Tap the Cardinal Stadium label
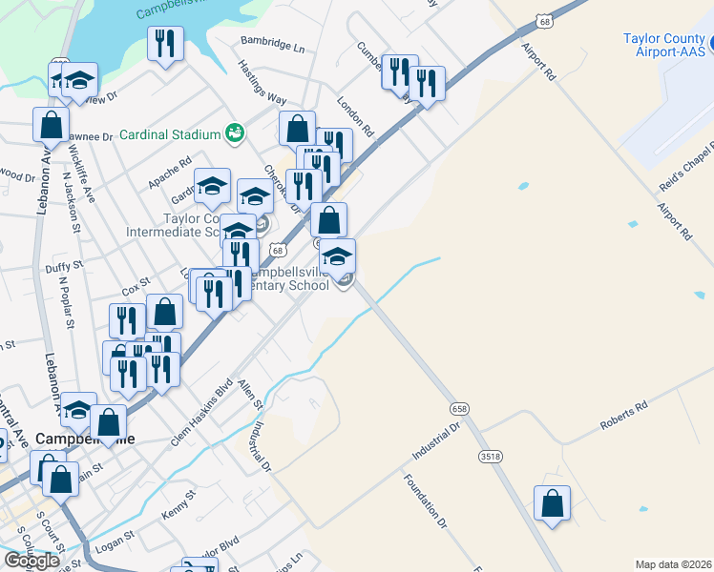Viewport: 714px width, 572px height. pos(170,134)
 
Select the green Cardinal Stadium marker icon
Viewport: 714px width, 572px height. pos(233,133)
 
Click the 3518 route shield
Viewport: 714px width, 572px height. pos(491,457)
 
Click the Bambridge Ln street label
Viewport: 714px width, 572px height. pos(272,47)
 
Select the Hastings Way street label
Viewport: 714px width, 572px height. pos(262,84)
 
